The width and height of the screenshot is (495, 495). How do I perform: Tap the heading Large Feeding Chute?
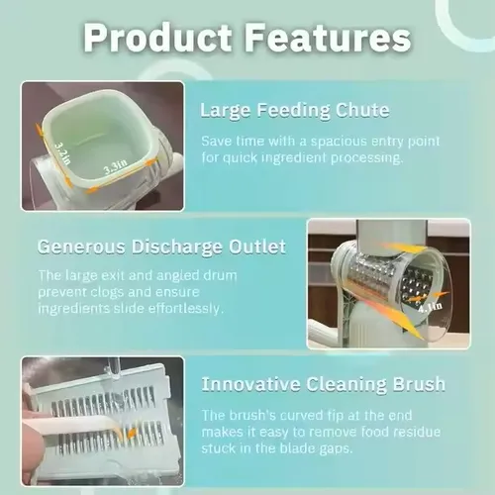coord(295,110)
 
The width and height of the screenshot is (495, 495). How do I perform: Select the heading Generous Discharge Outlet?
coord(161,247)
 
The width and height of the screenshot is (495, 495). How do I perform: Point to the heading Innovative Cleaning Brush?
coord(324,384)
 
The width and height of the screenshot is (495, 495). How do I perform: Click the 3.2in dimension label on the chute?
coord(62,153)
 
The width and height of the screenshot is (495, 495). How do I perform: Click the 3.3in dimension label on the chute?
coord(116,167)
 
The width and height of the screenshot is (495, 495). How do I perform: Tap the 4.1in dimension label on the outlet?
coord(431,308)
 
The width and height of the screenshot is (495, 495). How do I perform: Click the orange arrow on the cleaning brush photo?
coord(132,433)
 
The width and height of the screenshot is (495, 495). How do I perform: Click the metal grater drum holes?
coord(416,285)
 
